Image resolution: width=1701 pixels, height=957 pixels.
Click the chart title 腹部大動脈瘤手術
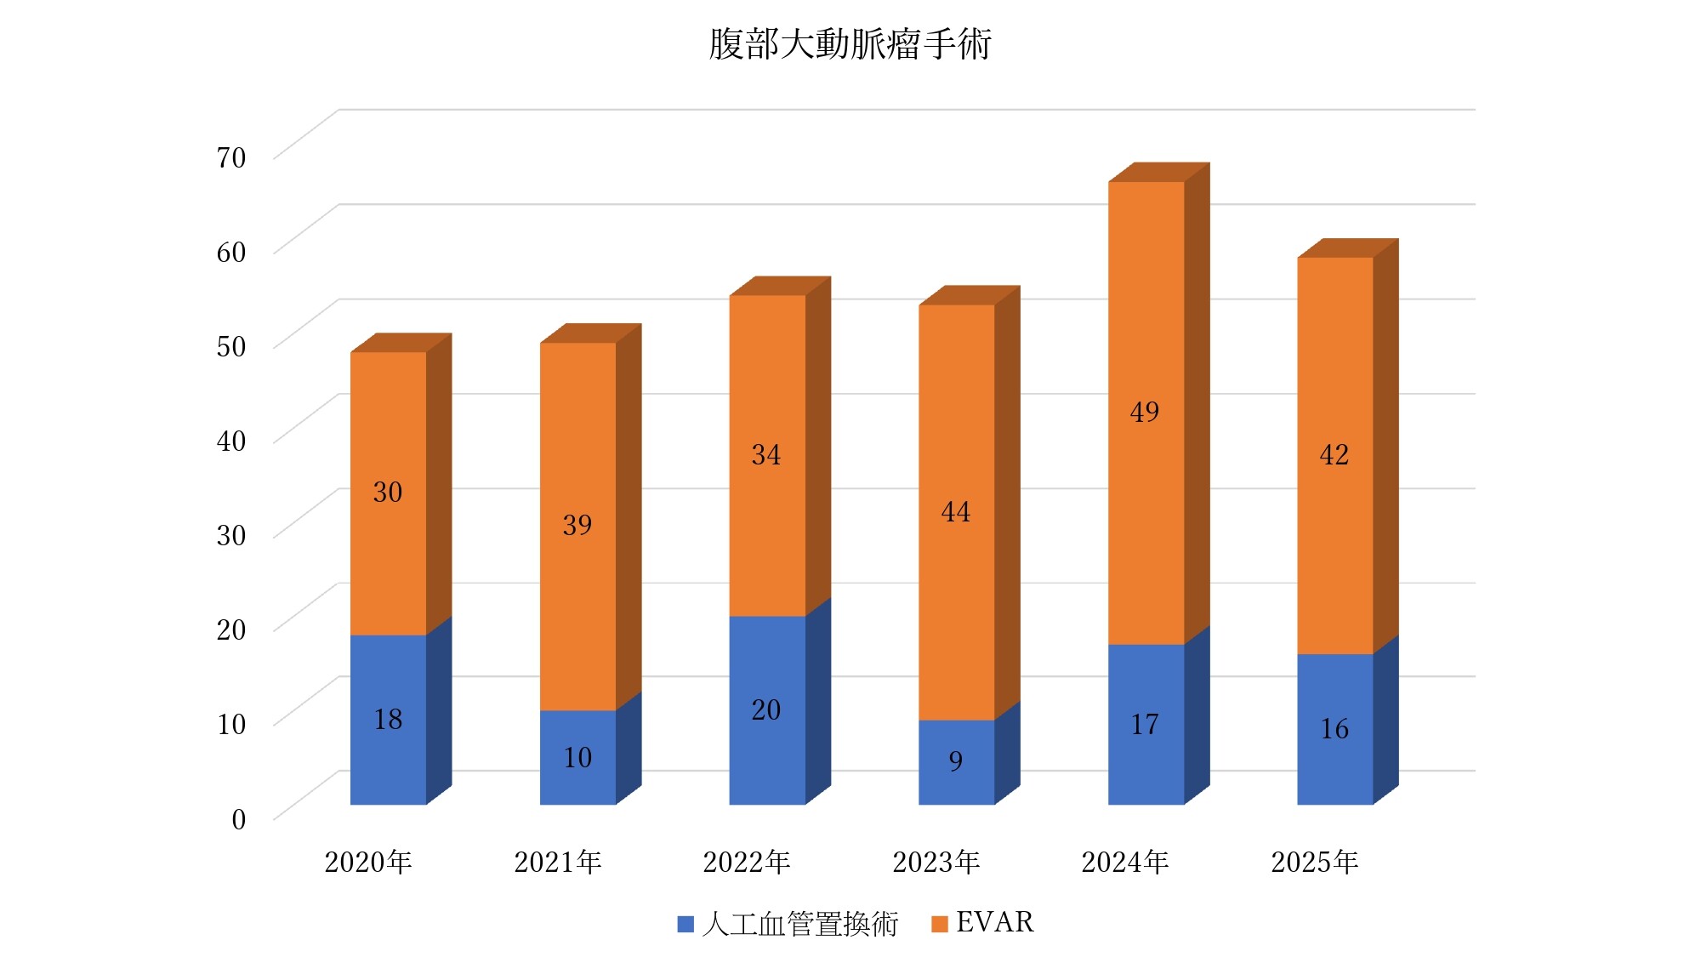click(850, 44)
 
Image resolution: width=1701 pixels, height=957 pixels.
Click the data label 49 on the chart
click(1145, 412)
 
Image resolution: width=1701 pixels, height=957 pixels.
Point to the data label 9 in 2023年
click(956, 760)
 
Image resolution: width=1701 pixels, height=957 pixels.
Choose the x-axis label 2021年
click(558, 863)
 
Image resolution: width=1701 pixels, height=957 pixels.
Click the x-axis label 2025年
click(1315, 863)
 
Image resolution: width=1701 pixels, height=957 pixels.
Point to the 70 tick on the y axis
click(231, 157)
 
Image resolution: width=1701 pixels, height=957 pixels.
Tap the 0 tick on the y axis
click(239, 819)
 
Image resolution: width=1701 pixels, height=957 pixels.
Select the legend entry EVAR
click(994, 923)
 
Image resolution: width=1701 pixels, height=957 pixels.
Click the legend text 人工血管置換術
click(799, 924)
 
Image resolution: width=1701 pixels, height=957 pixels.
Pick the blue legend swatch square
click(686, 924)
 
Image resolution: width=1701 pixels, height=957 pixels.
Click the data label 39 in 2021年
click(577, 525)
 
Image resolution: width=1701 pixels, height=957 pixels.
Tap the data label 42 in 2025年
click(1334, 455)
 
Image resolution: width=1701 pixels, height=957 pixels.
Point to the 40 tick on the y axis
click(231, 441)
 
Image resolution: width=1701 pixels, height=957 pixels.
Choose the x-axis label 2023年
click(936, 863)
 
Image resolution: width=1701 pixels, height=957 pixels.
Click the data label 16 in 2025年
click(1334, 729)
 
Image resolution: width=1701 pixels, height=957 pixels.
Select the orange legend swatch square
click(940, 924)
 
